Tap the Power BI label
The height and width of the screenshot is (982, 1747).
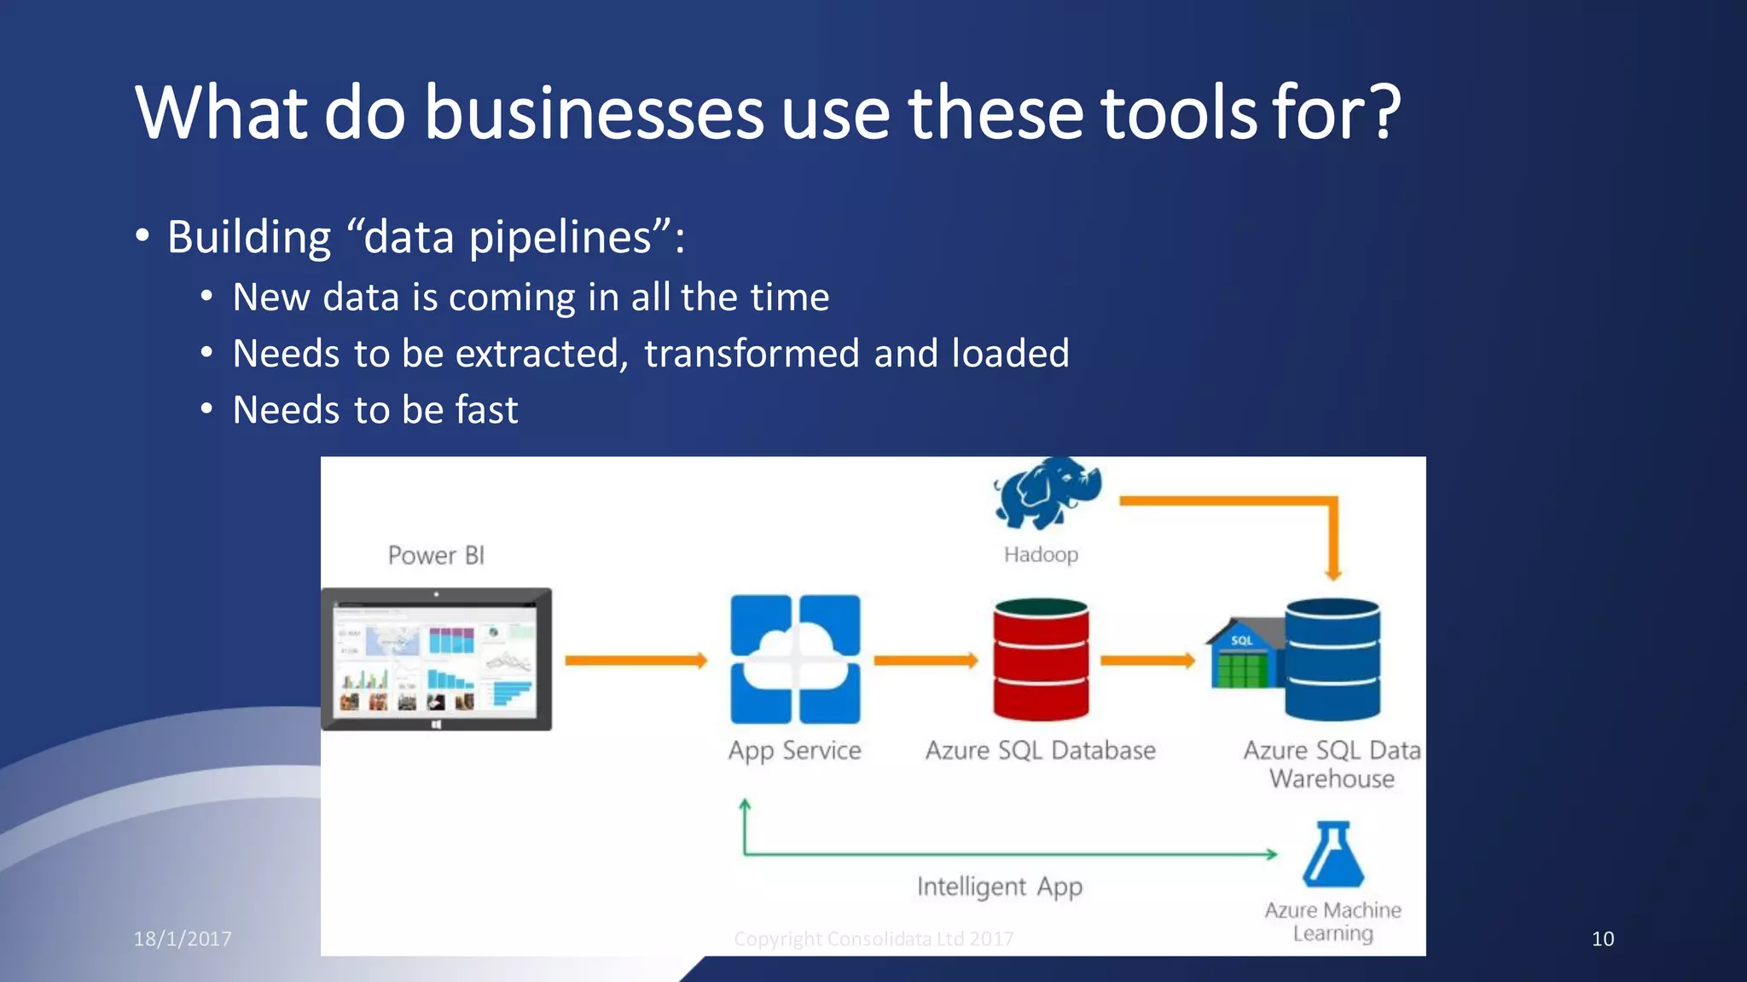[436, 556]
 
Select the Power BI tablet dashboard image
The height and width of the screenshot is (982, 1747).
[437, 659]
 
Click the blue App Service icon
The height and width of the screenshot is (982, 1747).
[795, 659]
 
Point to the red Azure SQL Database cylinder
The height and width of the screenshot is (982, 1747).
[1041, 659]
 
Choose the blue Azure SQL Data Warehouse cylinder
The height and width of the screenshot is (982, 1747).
[1332, 659]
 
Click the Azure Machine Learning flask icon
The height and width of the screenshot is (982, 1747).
[1333, 855]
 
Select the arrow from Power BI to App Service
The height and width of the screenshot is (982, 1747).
[636, 661]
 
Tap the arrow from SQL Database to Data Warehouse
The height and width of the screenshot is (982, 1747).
[1147, 661]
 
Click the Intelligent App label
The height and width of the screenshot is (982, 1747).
[1000, 887]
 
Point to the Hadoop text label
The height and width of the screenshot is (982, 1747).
[1041, 555]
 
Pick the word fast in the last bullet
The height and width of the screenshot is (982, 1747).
[486, 410]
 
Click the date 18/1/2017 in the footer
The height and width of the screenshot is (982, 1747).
[183, 939]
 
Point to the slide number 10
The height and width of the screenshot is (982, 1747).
[1603, 939]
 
